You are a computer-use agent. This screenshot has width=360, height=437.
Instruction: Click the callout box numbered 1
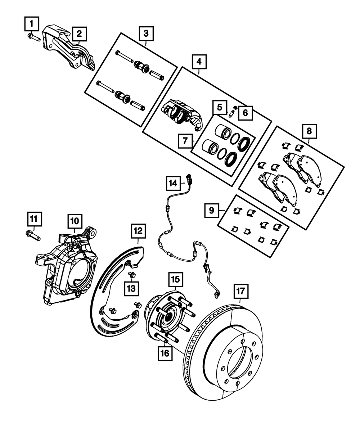pyautogui.click(x=32, y=24)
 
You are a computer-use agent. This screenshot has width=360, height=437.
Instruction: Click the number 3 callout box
pyautogui.click(x=146, y=34)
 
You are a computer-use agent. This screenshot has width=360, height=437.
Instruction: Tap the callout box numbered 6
pyautogui.click(x=245, y=113)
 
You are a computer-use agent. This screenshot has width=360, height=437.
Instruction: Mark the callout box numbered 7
pyautogui.click(x=185, y=141)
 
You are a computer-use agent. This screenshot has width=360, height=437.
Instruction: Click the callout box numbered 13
pyautogui.click(x=131, y=288)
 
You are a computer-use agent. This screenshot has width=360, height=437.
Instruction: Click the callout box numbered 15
pyautogui.click(x=175, y=279)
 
